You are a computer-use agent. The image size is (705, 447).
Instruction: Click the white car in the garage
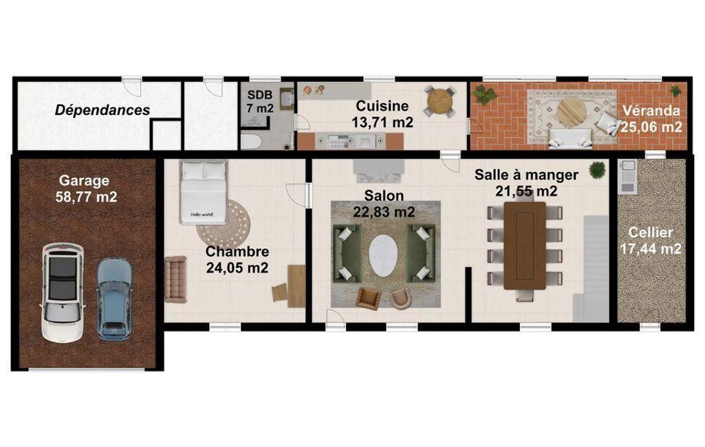point(63,293)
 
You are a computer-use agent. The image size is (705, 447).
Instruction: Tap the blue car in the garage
point(115,299)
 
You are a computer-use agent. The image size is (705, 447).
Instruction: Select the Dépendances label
point(102,110)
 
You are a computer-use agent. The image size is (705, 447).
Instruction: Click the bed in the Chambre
point(203,192)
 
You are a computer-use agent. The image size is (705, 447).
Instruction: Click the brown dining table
point(525,245)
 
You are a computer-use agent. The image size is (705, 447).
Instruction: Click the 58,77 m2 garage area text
point(87,197)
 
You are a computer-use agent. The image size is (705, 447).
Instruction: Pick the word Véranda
point(651,111)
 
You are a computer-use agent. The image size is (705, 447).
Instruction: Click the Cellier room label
point(651,232)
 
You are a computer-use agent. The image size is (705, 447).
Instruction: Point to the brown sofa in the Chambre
point(175,279)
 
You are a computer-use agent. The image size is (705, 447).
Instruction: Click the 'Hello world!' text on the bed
point(202,215)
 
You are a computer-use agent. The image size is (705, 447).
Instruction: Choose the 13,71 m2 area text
point(382,122)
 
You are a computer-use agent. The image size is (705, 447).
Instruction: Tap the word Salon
point(384,195)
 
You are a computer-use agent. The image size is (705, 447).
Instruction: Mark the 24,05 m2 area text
point(237,268)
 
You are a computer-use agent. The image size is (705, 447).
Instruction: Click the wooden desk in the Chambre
point(296,286)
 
